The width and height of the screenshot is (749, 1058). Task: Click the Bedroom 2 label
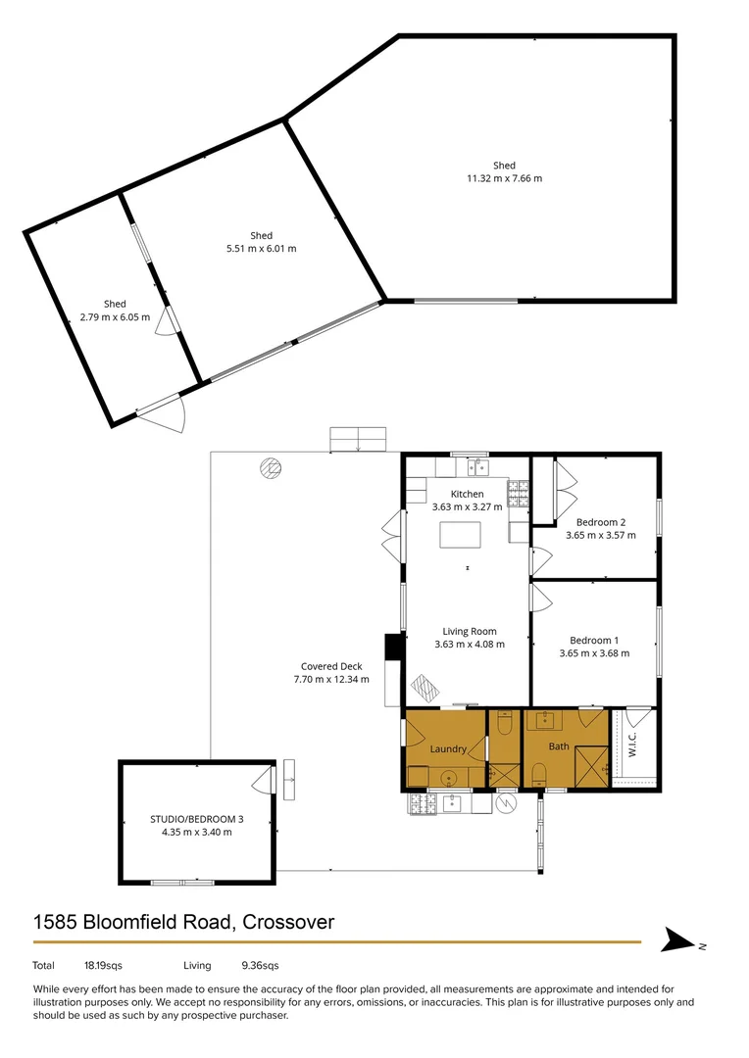pyautogui.click(x=600, y=522)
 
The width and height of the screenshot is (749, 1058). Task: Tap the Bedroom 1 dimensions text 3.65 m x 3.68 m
pyautogui.click(x=594, y=653)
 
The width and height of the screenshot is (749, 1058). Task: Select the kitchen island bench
pyautogui.click(x=460, y=535)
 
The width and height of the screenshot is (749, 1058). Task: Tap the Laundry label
pyautogui.click(x=448, y=749)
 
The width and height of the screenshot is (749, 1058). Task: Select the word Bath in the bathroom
pyautogui.click(x=559, y=746)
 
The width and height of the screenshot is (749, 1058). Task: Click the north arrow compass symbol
pyautogui.click(x=676, y=940)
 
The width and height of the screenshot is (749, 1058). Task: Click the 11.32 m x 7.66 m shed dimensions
pyautogui.click(x=504, y=178)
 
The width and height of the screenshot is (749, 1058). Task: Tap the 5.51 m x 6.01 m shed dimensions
pyautogui.click(x=261, y=249)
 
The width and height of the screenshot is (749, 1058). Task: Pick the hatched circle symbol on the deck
pyautogui.click(x=270, y=467)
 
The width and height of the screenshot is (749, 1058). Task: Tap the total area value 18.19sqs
pyautogui.click(x=103, y=965)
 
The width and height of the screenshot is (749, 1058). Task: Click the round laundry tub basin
pyautogui.click(x=448, y=779)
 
